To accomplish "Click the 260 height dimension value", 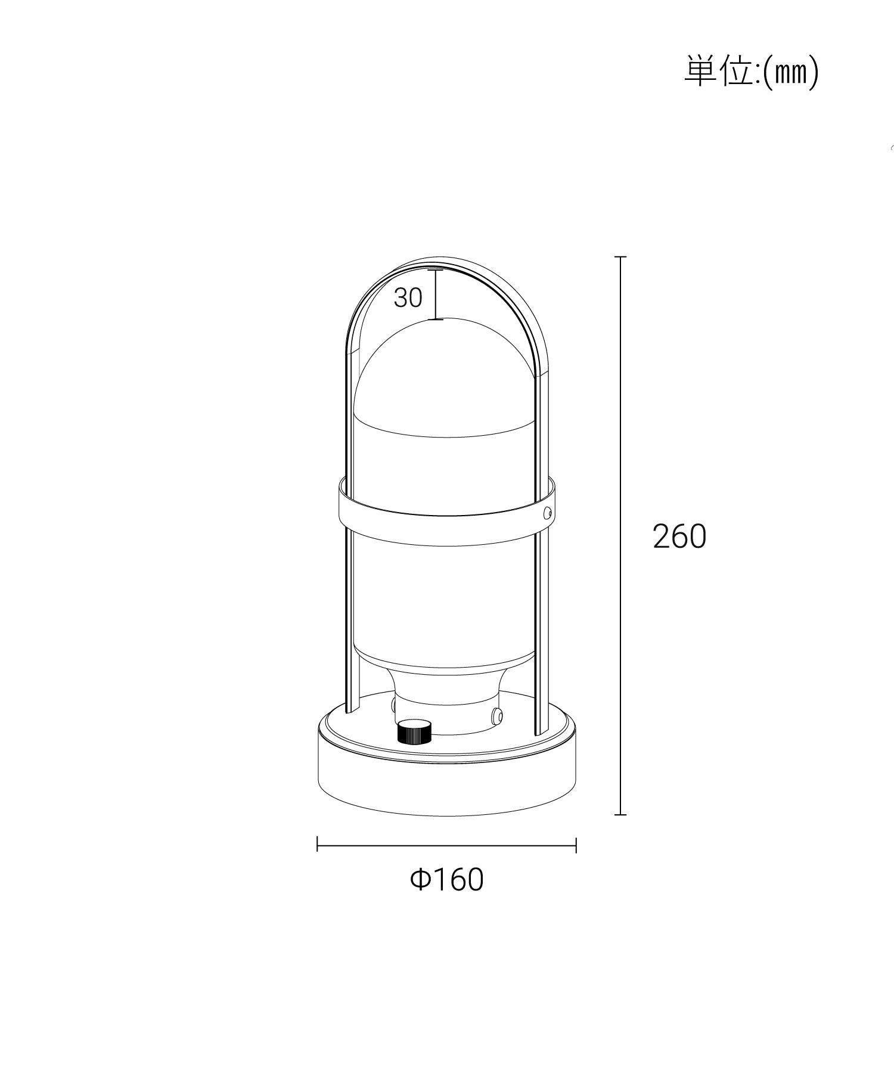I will click(x=679, y=536).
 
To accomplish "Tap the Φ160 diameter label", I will click(x=447, y=879).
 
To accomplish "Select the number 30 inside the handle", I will click(x=408, y=297).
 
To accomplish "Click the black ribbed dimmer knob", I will click(x=414, y=732).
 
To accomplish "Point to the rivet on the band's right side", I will click(x=547, y=512).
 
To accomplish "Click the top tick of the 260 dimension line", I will click(x=620, y=257).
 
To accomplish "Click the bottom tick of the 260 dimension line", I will click(x=620, y=814).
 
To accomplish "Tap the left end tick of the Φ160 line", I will click(x=318, y=844).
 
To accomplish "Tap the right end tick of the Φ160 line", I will click(x=576, y=844).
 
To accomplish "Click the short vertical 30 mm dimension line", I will click(x=437, y=295).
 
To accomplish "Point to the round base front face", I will click(x=447, y=787).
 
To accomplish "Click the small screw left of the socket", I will click(x=394, y=706).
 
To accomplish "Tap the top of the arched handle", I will click(x=447, y=262).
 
